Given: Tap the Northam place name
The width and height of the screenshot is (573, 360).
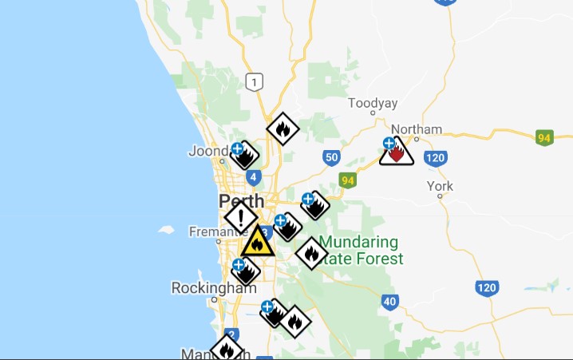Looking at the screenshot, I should (416, 129).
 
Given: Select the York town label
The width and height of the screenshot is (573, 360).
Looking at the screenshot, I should (440, 186).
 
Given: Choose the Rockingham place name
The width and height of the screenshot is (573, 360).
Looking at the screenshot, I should (203, 287).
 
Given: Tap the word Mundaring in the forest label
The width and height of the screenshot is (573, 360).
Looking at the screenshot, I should (358, 242).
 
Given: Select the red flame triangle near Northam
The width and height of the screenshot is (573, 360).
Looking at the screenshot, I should (397, 152).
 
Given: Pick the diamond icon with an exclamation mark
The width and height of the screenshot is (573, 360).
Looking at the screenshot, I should (240, 216).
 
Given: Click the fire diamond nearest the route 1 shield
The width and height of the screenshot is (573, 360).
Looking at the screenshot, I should (283, 128).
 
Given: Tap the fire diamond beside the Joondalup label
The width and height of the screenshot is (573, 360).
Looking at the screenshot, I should (246, 155).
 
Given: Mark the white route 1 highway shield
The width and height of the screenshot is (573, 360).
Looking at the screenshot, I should (254, 81).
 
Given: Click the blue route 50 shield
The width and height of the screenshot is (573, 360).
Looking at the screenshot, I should (332, 158).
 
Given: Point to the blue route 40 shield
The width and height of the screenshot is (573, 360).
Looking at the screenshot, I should (389, 302).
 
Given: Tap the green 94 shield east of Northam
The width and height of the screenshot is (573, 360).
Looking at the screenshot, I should (544, 138).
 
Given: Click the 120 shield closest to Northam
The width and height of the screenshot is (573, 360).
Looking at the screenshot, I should (435, 158).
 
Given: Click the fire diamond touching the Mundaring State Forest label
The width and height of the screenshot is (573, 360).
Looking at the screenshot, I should (311, 254).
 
